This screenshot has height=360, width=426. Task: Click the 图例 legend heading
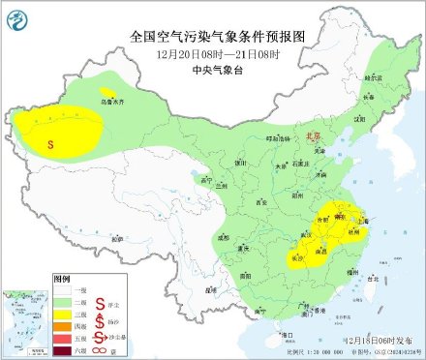point(62,278)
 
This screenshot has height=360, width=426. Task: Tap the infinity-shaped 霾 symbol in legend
point(100,349)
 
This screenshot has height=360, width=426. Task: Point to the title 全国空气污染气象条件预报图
point(212,35)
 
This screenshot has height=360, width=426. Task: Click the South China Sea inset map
point(23,320)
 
